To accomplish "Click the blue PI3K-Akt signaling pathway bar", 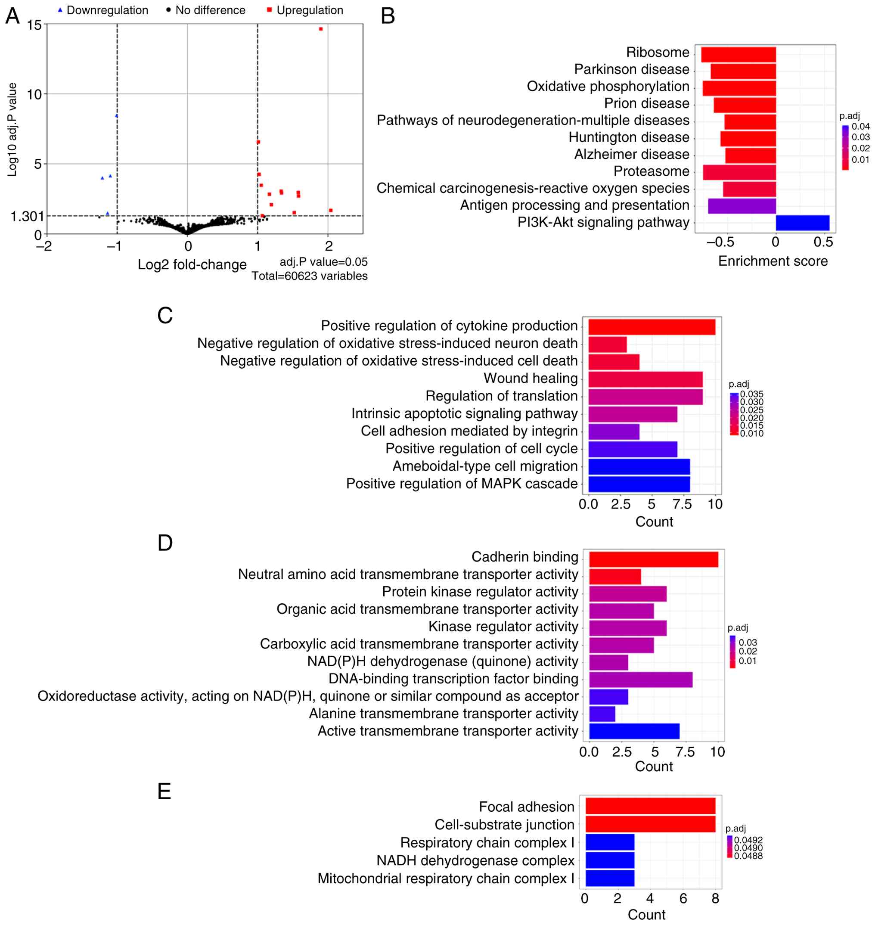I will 802,223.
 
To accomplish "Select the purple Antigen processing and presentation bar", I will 742,206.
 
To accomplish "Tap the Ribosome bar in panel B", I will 738,54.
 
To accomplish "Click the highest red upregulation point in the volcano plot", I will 320,29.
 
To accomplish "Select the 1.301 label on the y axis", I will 27,217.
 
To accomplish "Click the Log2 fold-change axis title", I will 192,264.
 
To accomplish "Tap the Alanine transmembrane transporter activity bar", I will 602,714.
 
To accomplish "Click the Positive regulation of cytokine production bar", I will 652,327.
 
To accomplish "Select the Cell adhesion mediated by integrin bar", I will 614,432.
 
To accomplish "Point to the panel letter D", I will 165,543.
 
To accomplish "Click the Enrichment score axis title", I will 773,261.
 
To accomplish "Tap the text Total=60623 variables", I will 310,276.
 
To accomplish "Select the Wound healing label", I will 531,378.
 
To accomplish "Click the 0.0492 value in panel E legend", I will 748,840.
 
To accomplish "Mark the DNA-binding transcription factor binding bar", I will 640,680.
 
